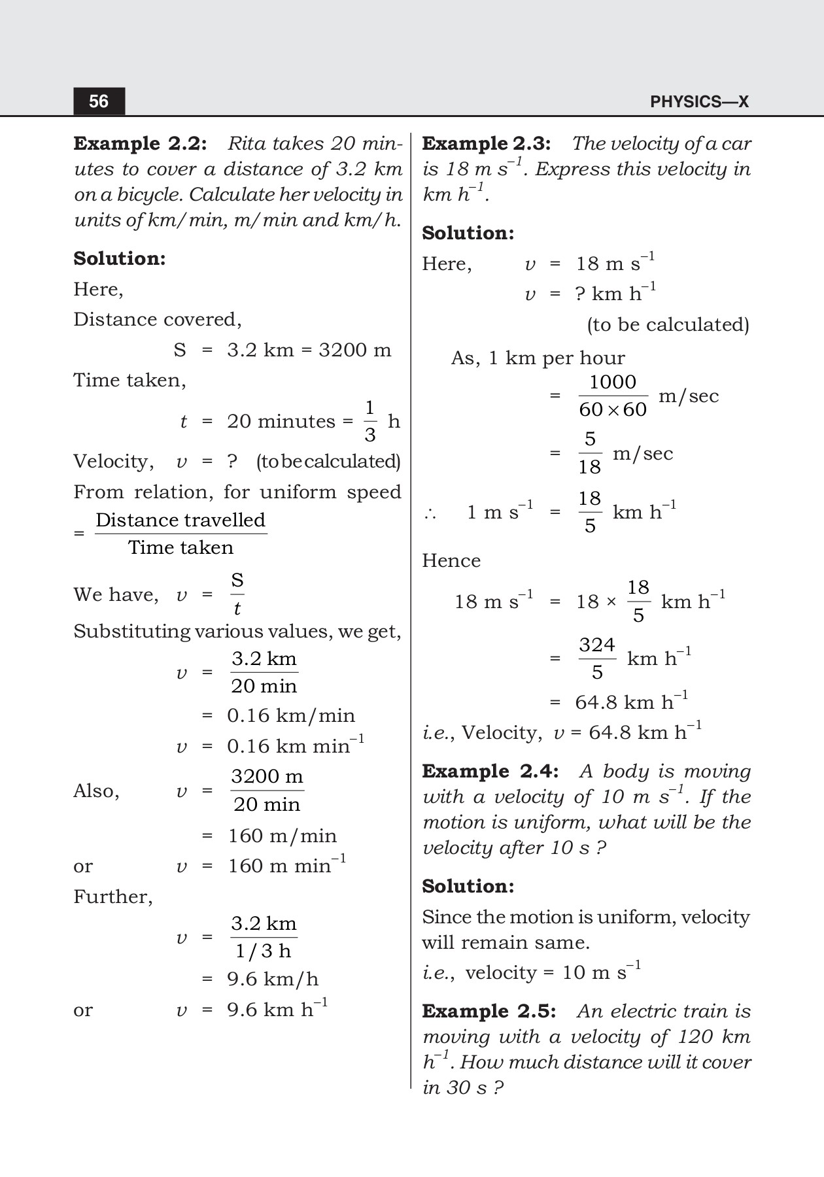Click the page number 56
(x=99, y=101)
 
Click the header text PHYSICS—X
(x=698, y=102)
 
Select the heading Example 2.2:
(x=140, y=143)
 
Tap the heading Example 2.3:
(x=486, y=143)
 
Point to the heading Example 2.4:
(x=490, y=772)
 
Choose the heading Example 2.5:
(x=489, y=1012)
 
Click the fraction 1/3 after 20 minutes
(x=369, y=421)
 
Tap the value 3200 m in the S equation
(x=354, y=350)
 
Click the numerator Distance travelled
(x=180, y=520)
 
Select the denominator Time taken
(x=180, y=548)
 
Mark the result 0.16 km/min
(x=291, y=716)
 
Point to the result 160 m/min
(x=282, y=836)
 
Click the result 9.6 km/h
(x=273, y=980)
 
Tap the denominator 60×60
(x=613, y=410)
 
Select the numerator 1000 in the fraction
(x=613, y=382)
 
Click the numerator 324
(x=596, y=645)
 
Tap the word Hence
(x=451, y=561)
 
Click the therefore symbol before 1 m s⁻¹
(x=430, y=513)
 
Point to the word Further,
(x=113, y=896)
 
